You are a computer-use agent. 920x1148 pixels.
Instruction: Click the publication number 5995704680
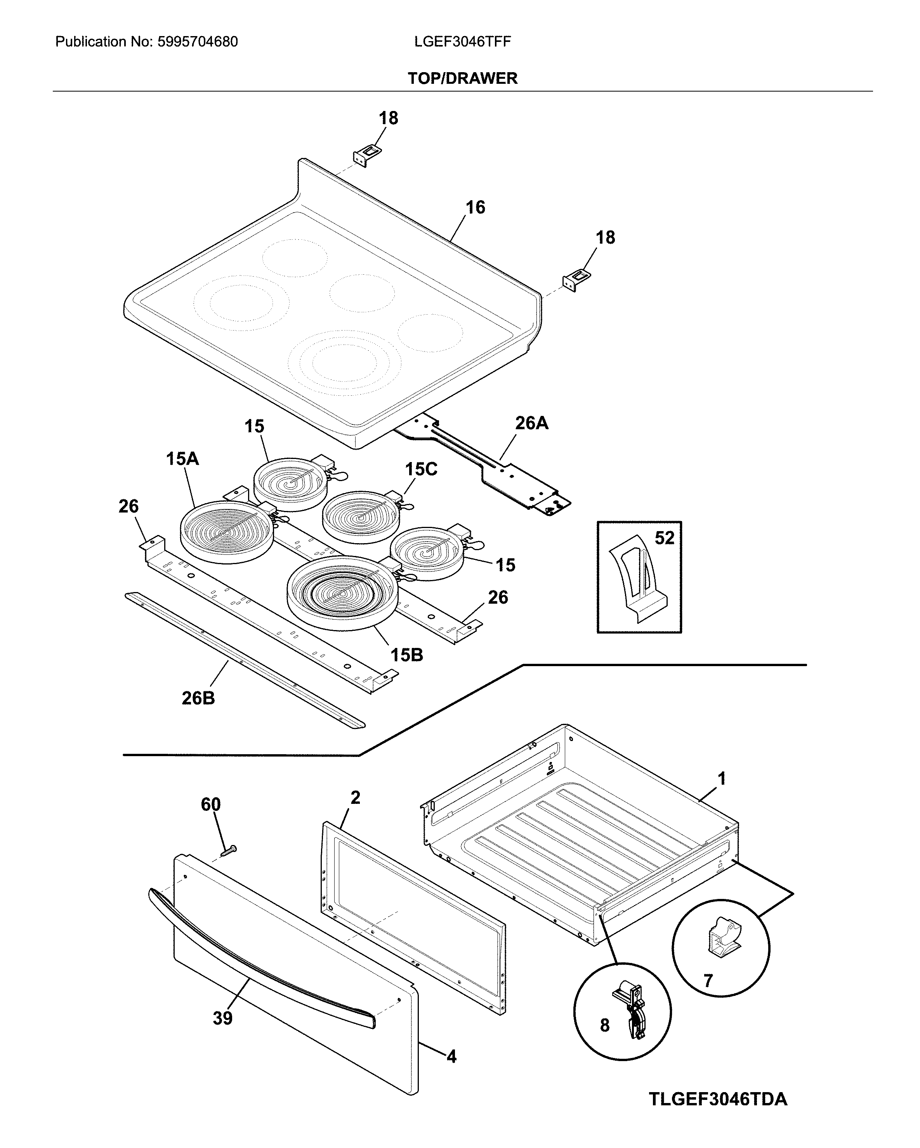click(x=197, y=42)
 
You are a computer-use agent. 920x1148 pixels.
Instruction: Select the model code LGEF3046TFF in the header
click(x=462, y=42)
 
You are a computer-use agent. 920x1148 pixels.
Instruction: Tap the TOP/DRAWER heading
click(x=462, y=78)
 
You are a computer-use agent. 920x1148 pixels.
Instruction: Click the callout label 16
click(x=475, y=207)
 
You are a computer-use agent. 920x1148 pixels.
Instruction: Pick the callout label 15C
click(x=421, y=469)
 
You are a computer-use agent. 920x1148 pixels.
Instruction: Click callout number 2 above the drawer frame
click(x=355, y=797)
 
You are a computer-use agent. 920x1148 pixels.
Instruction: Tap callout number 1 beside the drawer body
click(x=722, y=779)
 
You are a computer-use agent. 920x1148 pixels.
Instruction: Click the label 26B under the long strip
click(x=198, y=698)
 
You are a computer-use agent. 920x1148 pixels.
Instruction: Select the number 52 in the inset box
click(x=664, y=538)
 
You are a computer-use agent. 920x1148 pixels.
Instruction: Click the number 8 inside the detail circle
click(x=605, y=1025)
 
